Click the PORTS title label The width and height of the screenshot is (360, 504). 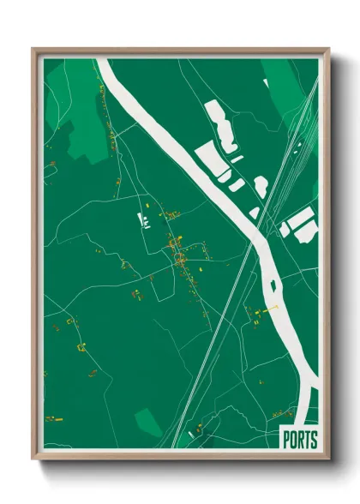[299, 440]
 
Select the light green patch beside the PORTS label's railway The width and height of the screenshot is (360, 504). [147, 421]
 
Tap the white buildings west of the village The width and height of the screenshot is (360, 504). [144, 220]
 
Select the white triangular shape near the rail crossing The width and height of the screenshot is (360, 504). [255, 211]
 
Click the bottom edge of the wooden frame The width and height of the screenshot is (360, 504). [180, 457]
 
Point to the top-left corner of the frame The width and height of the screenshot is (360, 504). [35, 51]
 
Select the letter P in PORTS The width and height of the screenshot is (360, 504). [286, 440]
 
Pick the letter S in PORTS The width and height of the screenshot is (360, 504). [313, 440]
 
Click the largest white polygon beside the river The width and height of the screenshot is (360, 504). [210, 159]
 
